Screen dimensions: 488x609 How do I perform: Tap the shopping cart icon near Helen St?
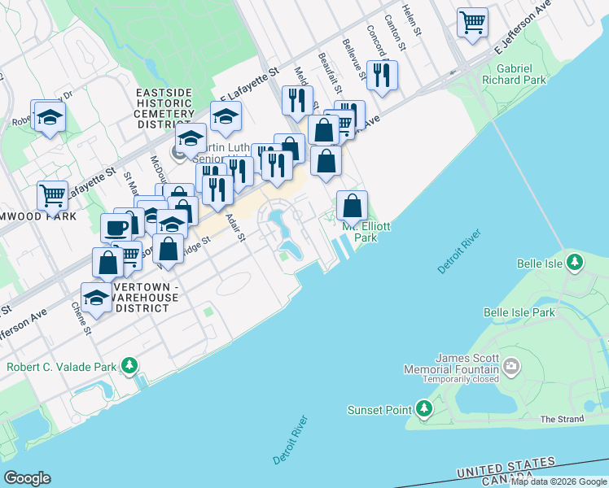point(472,23)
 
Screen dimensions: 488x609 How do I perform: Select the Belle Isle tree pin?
point(576,263)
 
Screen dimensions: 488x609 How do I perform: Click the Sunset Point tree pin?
point(423,409)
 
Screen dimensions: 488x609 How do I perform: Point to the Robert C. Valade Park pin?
point(129,367)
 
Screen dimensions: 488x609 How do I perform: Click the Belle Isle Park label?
point(519,312)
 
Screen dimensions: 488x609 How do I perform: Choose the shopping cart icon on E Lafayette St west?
point(53,196)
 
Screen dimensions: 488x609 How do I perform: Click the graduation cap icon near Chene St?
point(97,298)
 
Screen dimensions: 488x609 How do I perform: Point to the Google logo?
point(27,478)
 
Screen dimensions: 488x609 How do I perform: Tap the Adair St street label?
point(235,227)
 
